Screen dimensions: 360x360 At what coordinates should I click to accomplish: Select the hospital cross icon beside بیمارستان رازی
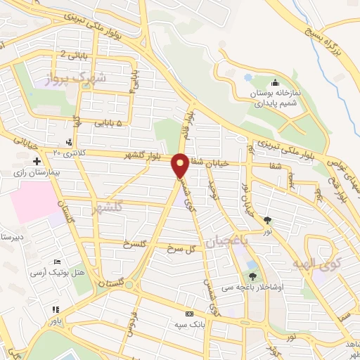click(37, 162)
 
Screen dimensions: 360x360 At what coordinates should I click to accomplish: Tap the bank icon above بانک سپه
click(188, 314)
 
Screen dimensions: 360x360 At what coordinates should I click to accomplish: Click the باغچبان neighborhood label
click(227, 243)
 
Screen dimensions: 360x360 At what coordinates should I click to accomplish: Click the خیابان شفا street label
click(208, 162)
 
